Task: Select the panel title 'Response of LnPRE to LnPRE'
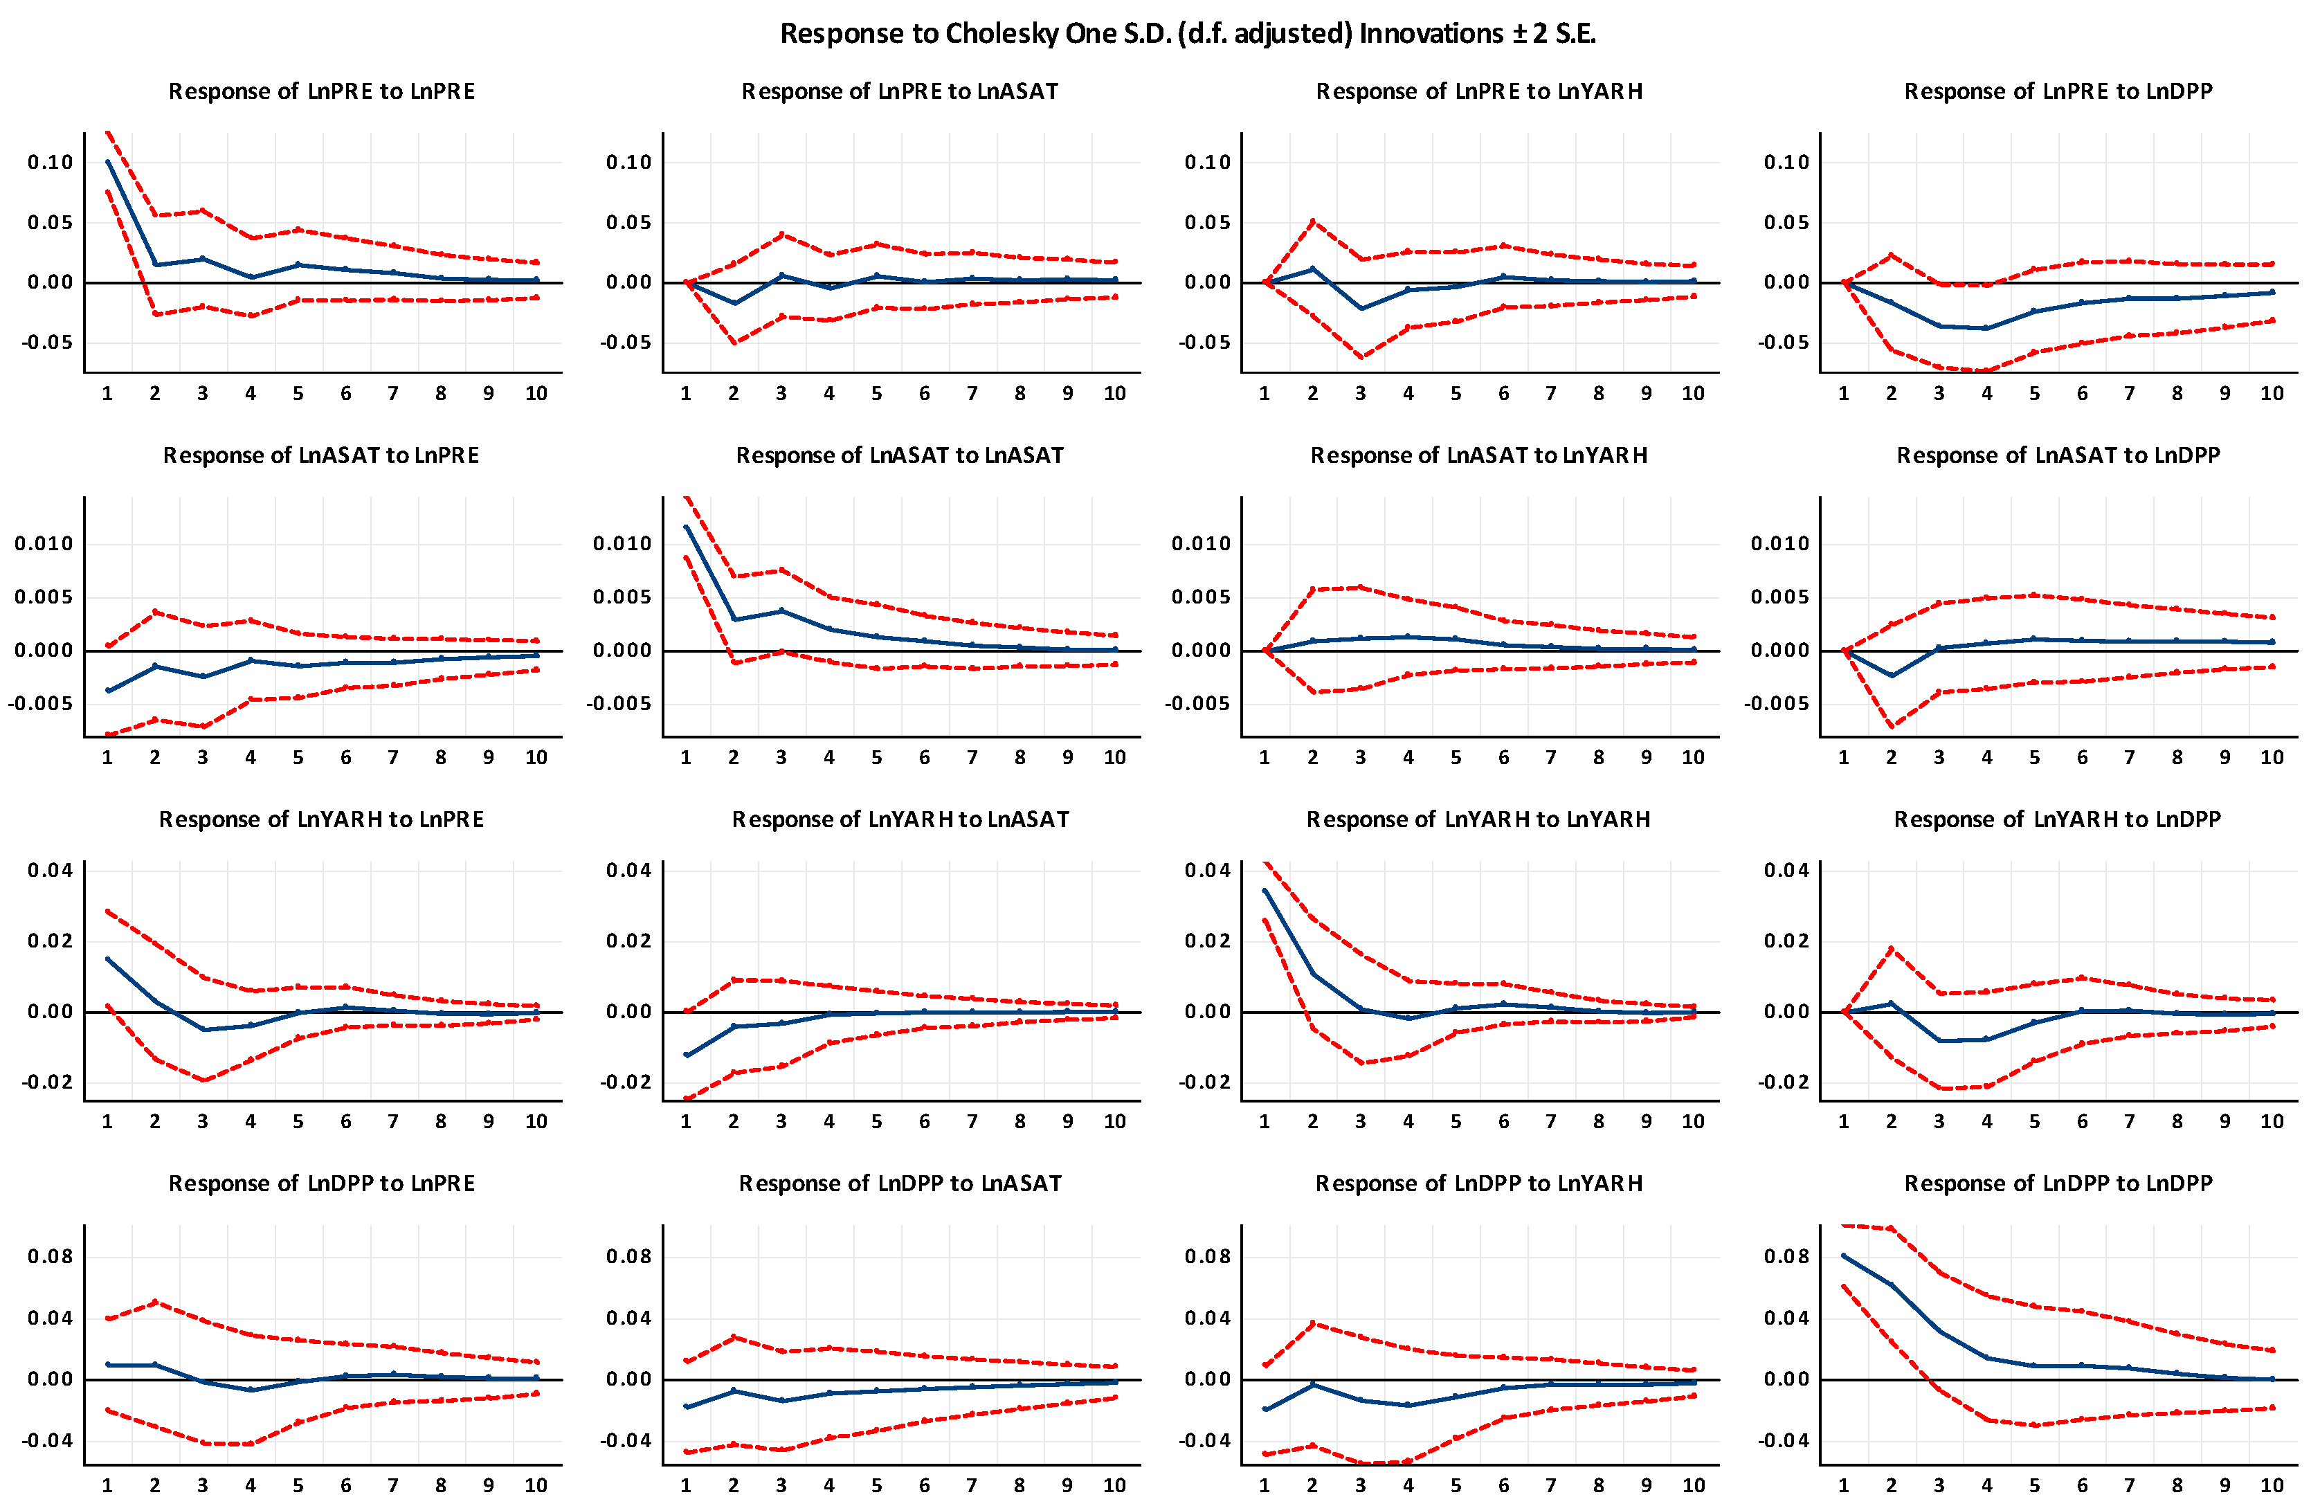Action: click(322, 91)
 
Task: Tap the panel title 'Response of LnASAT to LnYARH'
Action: click(1479, 455)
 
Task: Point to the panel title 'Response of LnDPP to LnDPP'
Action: click(2058, 1183)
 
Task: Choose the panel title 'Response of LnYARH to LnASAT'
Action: click(900, 819)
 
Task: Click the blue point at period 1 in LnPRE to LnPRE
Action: click(107, 162)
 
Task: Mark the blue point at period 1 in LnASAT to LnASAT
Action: click(687, 527)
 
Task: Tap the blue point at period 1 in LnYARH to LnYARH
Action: click(1265, 891)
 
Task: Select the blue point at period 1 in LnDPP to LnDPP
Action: click(1843, 1255)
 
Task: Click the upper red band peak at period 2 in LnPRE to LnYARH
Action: click(1312, 221)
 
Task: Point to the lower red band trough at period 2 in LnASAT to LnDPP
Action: click(1891, 726)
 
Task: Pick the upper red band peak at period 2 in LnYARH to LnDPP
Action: click(1891, 948)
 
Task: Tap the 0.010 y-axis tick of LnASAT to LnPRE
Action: click(44, 544)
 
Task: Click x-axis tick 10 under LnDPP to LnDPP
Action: click(2272, 1485)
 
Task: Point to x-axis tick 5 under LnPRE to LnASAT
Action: click(876, 394)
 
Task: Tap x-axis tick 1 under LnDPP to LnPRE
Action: click(107, 1485)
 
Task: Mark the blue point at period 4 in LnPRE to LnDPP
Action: click(1986, 327)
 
